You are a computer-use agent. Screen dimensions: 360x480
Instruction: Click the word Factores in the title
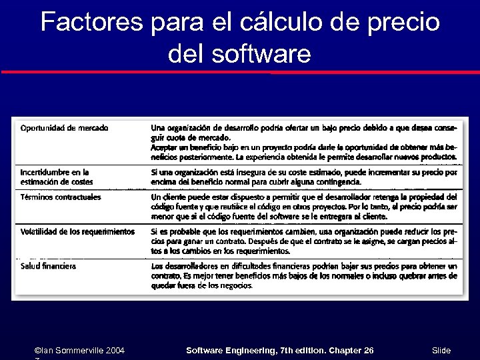point(91,23)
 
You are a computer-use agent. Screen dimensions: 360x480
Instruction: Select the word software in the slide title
point(261,53)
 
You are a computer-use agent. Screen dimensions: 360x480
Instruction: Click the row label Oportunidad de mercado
point(64,127)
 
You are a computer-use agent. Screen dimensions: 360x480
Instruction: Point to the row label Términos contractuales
point(61,197)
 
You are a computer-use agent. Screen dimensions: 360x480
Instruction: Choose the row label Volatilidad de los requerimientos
point(77,231)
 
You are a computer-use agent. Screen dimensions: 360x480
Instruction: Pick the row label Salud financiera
point(48,265)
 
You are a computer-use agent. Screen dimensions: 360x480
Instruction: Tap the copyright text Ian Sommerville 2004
point(82,350)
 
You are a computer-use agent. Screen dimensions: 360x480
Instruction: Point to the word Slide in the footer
point(441,350)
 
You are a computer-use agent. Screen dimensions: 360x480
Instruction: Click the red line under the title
point(240,71)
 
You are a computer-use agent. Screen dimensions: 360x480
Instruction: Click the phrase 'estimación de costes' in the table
point(57,181)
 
